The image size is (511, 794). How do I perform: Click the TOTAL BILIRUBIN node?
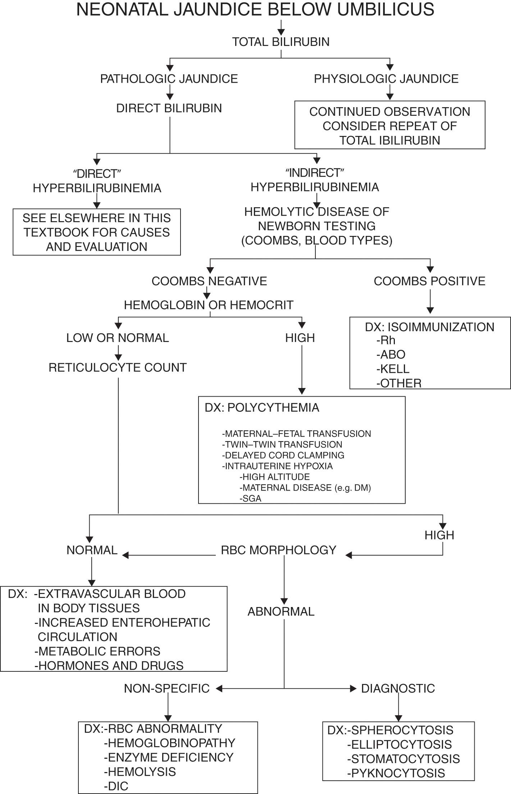coord(280,42)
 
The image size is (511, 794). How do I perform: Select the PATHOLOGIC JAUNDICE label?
coord(169,79)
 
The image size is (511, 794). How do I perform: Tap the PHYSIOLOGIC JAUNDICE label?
coord(386,79)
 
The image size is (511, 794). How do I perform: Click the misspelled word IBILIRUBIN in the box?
coord(410,140)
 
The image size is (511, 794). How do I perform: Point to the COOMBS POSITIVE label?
coord(429,281)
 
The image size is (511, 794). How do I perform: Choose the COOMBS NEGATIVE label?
coord(209,281)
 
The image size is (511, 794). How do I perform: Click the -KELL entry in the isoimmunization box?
coord(393,369)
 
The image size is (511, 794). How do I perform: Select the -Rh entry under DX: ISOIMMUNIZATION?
coord(386,340)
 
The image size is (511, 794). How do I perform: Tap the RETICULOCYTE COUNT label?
coord(118,368)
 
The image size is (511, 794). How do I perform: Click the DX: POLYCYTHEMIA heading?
coord(262,408)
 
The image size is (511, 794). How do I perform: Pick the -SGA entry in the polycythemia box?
coord(250,498)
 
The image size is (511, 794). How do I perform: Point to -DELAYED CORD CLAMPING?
coord(283,455)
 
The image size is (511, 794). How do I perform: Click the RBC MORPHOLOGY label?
coord(279,550)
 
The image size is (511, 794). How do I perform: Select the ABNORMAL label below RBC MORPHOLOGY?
coord(281,612)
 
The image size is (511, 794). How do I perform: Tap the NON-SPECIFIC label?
coord(167,688)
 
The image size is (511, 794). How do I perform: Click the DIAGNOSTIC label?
coord(398,688)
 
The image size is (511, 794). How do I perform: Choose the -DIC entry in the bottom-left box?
coord(116,786)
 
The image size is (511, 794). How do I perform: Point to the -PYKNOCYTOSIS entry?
coord(396,773)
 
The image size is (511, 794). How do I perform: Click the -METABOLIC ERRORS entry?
coord(97,651)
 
